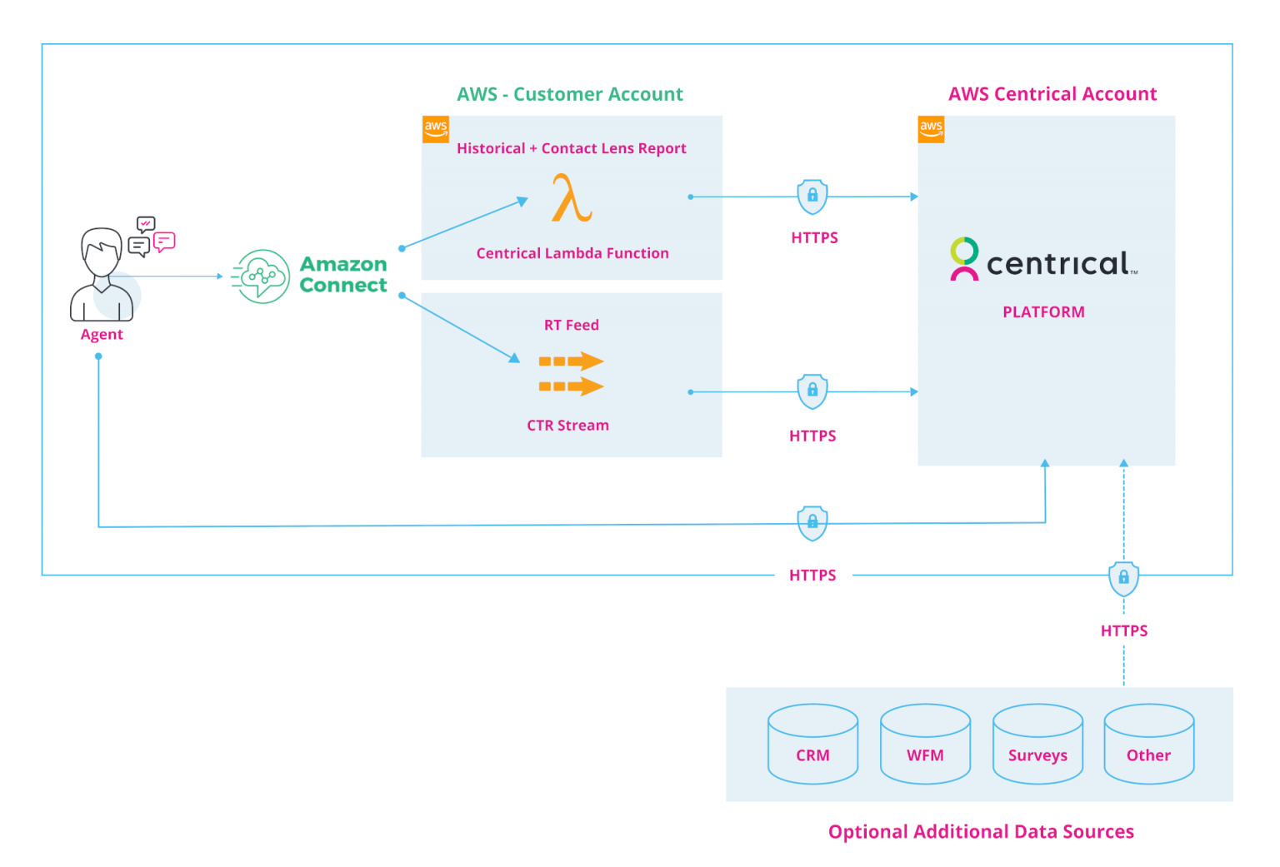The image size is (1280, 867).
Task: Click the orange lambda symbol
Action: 572,198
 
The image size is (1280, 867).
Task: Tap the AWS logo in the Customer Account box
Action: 436,129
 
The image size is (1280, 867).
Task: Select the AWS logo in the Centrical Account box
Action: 931,129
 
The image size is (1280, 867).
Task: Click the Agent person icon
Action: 102,275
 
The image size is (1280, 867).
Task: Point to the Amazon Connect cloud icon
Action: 261,277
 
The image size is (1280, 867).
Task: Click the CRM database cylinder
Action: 812,744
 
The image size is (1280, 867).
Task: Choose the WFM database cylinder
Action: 925,744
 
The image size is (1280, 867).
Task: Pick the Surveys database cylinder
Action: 1037,744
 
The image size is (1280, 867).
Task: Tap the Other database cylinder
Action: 1148,744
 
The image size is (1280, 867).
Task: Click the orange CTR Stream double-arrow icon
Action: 571,374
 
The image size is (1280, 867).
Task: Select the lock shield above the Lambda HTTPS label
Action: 812,197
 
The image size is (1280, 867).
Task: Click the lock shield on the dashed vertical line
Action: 1123,577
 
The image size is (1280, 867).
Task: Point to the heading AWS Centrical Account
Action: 1052,94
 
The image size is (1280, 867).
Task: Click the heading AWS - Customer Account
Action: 570,94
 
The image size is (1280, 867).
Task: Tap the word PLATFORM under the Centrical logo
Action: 1043,312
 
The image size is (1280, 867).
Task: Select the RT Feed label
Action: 571,325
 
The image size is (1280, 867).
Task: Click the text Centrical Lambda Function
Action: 572,253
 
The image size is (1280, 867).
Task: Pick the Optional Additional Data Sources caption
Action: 981,831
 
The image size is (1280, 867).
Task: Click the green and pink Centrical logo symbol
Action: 964,259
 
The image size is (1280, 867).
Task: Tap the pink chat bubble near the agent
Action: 164,242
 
